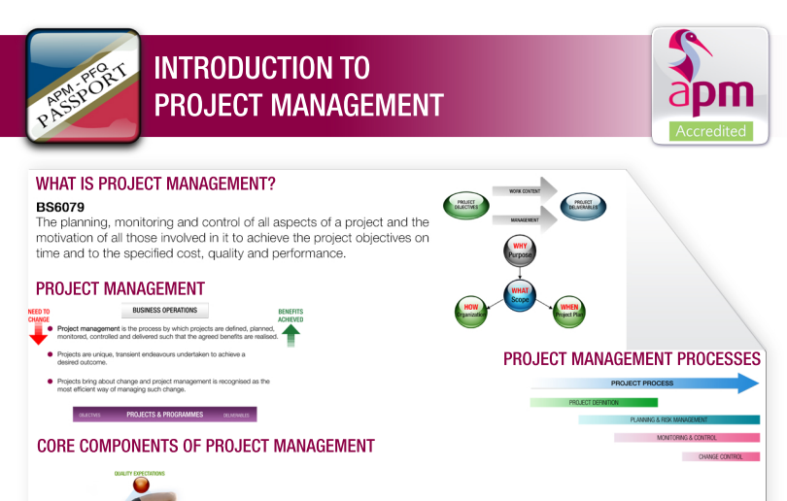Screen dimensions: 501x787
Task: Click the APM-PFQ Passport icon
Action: tap(83, 86)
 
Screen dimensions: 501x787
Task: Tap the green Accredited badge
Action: tap(710, 131)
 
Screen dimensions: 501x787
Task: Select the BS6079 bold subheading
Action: tap(58, 207)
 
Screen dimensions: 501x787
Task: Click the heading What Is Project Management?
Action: tap(155, 184)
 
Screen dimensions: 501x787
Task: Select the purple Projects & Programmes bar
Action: tap(165, 415)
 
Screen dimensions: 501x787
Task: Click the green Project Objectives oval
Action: tap(466, 205)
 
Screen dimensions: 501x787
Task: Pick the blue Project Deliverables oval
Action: tap(585, 205)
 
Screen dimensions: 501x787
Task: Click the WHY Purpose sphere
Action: tap(521, 251)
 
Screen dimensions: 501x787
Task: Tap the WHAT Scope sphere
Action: tap(521, 294)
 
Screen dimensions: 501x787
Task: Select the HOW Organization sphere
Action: tap(470, 311)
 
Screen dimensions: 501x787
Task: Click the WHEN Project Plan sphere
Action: tap(569, 311)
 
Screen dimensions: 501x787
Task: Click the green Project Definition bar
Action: tap(594, 402)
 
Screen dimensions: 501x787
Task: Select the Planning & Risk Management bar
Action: tap(668, 419)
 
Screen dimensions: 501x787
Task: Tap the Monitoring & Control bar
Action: tap(686, 438)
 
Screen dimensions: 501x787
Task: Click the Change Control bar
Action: tap(720, 456)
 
